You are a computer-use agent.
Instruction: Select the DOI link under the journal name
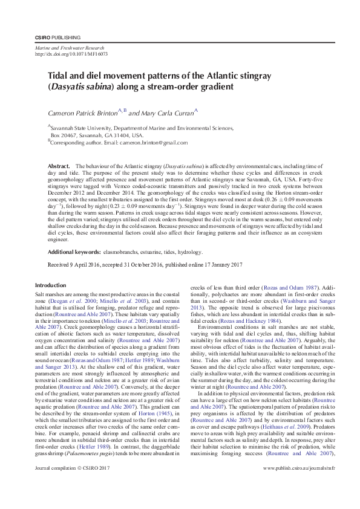(71, 54)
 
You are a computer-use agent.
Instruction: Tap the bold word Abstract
(59, 166)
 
